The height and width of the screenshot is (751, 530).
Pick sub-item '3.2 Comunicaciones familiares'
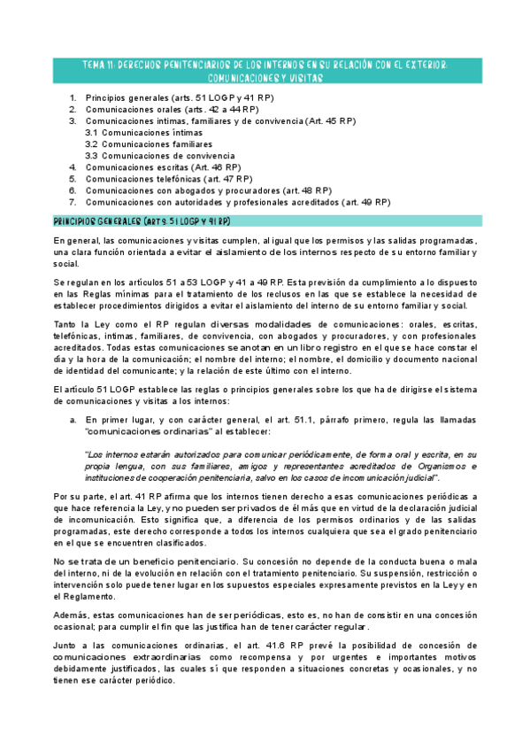tap(149, 143)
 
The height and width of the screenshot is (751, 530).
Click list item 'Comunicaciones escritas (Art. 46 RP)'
tap(163, 166)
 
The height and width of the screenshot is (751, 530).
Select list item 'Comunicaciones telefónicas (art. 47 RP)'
tap(169, 178)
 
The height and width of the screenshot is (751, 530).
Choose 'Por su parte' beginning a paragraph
tap(77, 497)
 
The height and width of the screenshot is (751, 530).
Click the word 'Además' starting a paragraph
tap(69, 614)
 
